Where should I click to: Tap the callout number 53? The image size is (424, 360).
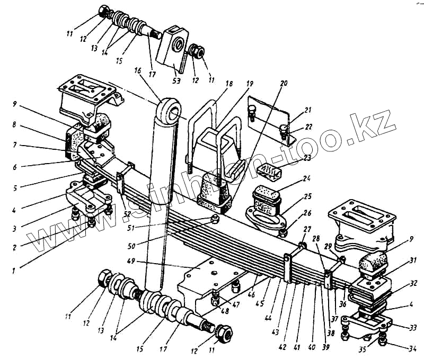tap(176, 82)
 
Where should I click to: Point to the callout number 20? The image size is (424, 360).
tap(284, 83)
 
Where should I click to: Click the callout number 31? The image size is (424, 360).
tap(413, 259)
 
